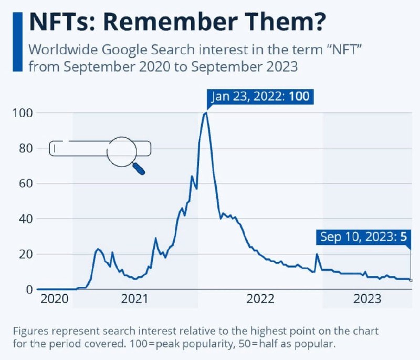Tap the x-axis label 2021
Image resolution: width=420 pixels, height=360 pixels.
pos(135,299)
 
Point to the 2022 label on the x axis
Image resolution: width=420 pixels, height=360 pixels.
pos(260,299)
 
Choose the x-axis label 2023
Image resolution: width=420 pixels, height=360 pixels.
pos(367,299)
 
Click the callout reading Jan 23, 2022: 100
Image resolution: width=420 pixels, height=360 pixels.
pos(260,97)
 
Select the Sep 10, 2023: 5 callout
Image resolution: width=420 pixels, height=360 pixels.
pos(363,237)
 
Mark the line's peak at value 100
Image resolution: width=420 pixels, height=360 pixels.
pos(206,113)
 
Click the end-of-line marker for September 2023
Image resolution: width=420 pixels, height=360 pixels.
pos(411,280)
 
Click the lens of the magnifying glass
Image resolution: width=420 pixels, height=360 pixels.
pos(121,151)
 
